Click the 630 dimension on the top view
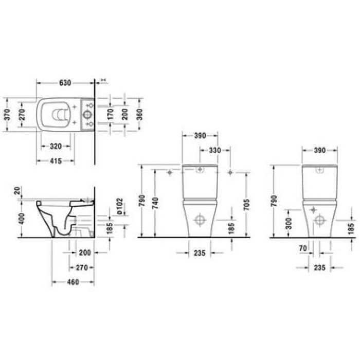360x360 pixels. (65, 82)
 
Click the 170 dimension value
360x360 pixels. (110, 114)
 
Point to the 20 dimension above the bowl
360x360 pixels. (19, 191)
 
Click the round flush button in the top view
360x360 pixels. (87, 114)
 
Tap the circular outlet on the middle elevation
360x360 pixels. (200, 220)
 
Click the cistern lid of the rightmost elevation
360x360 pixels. (319, 169)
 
